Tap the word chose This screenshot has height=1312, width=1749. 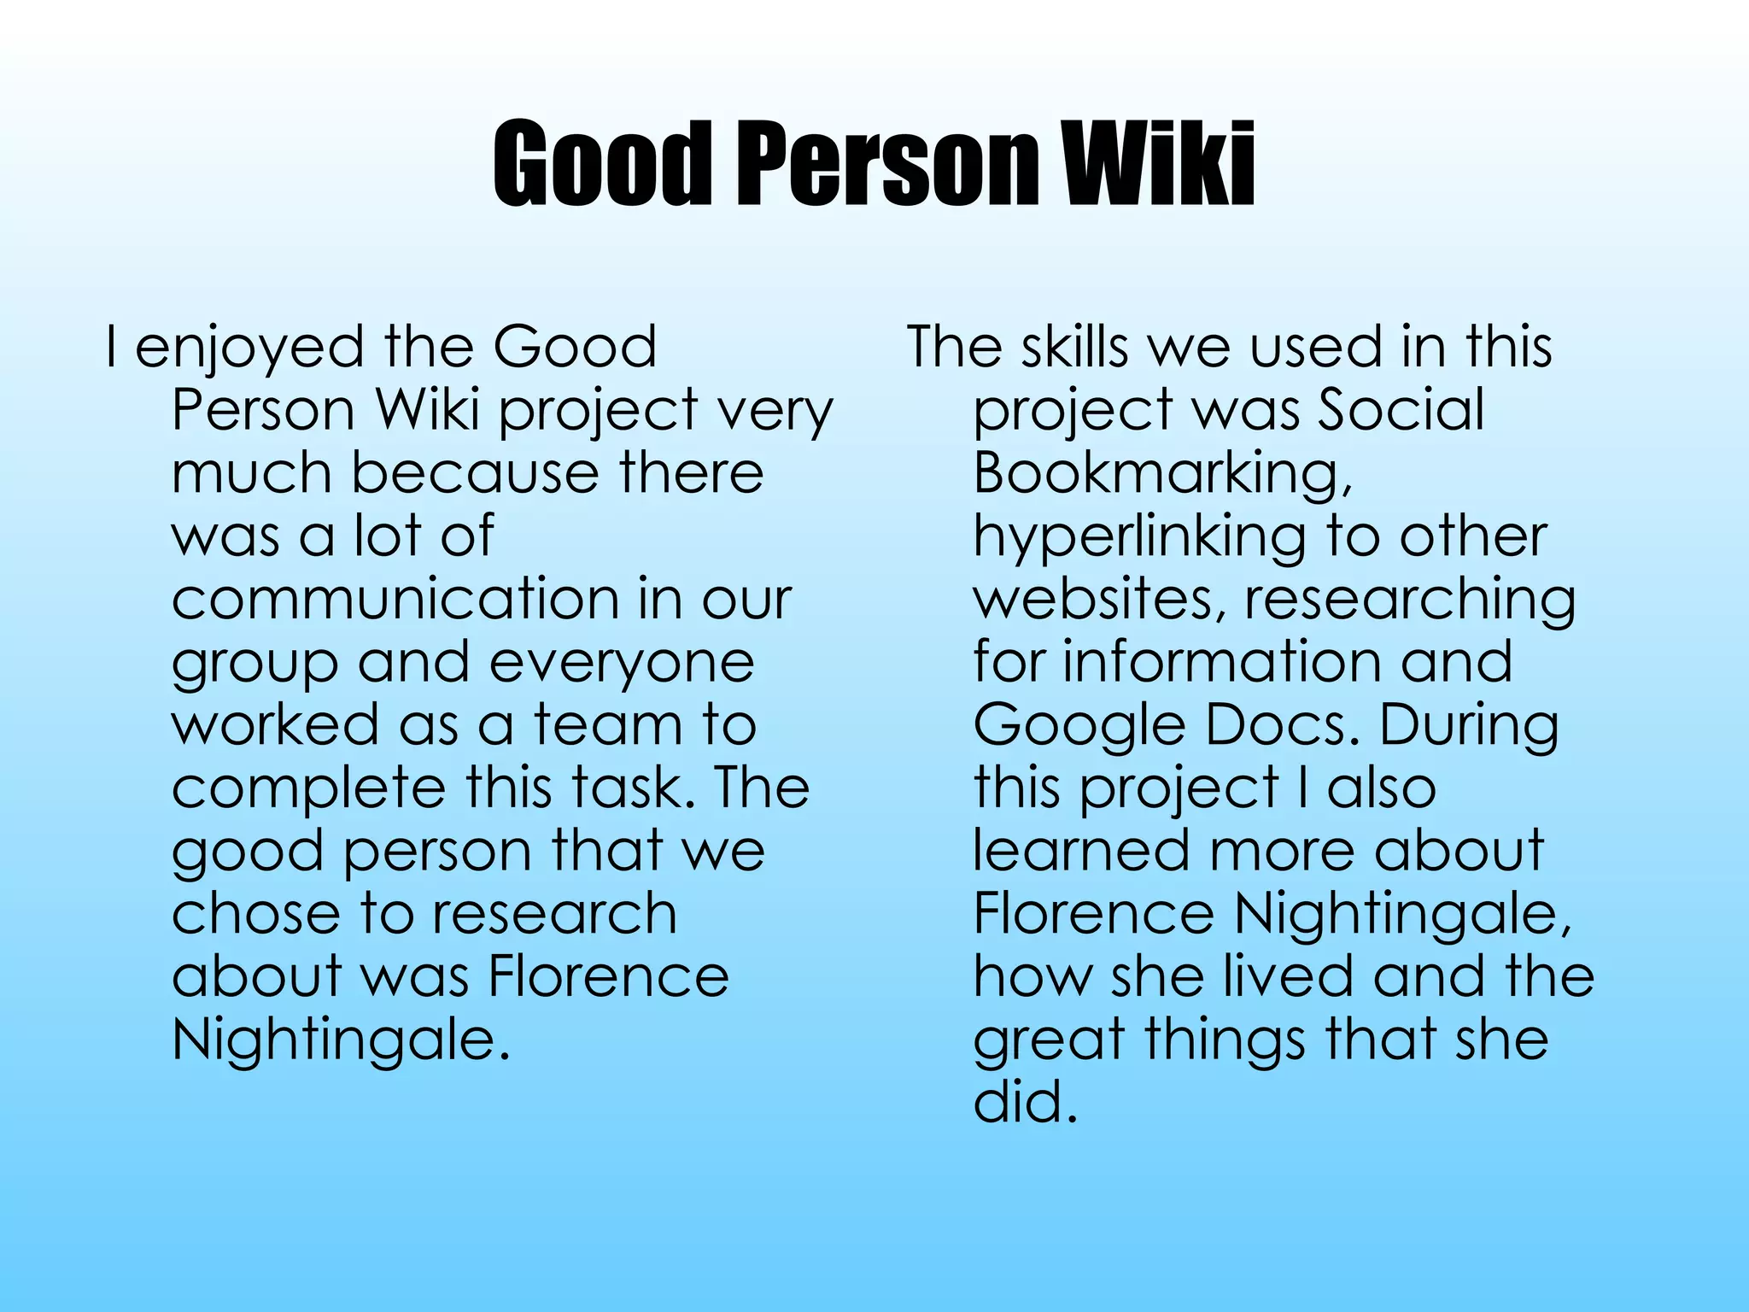tap(254, 914)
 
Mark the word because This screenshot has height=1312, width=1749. tap(475, 473)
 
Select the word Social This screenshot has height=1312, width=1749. tap(1401, 410)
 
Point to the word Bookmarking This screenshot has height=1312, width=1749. tap(1161, 475)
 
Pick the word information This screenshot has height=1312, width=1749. tap(1221, 662)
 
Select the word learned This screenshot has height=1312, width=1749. tap(1081, 851)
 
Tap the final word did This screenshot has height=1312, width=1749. tap(1025, 1102)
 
